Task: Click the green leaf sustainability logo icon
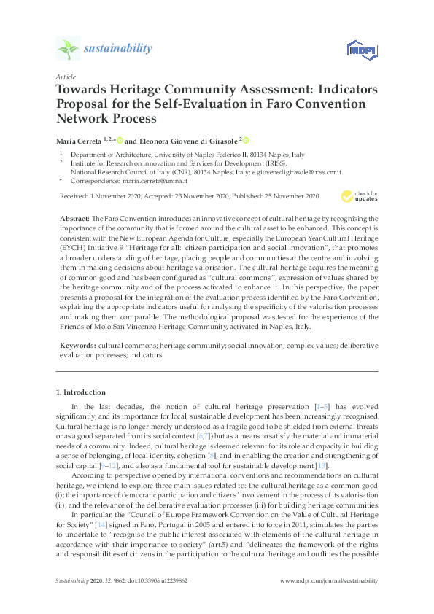tap(67, 50)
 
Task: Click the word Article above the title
tap(65, 77)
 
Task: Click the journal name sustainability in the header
tap(118, 49)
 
